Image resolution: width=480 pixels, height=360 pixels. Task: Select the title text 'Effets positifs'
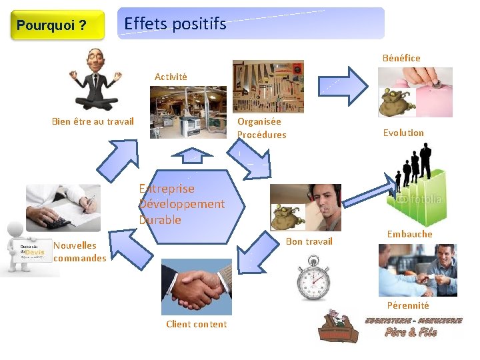click(175, 24)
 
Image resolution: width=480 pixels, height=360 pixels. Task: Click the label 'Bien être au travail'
click(93, 121)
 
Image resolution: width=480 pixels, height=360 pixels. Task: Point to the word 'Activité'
click(171, 77)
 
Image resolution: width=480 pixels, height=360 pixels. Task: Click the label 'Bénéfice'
click(401, 58)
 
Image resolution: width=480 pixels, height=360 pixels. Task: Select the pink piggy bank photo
click(415, 92)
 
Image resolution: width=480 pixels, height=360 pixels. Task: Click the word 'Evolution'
click(403, 133)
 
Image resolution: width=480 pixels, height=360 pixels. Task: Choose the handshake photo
click(197, 287)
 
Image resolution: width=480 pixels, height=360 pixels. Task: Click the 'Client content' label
click(196, 325)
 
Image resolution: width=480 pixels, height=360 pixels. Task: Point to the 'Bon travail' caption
click(309, 241)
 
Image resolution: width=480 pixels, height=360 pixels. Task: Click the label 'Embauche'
click(409, 234)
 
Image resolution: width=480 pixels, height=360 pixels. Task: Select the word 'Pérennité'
click(407, 305)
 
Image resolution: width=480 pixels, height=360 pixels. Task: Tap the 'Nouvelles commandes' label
click(79, 251)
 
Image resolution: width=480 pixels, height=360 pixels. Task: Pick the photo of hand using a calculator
click(63, 207)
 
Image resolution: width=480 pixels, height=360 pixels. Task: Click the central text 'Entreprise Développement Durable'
click(181, 204)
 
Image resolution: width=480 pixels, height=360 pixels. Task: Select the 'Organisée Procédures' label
click(261, 128)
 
